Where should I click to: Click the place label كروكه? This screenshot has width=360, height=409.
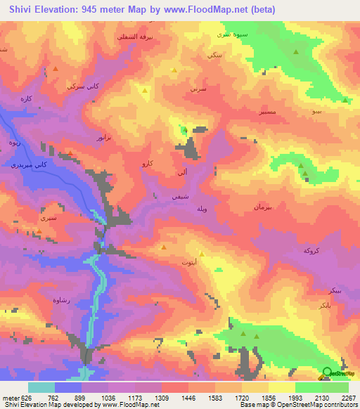point(311,251)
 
